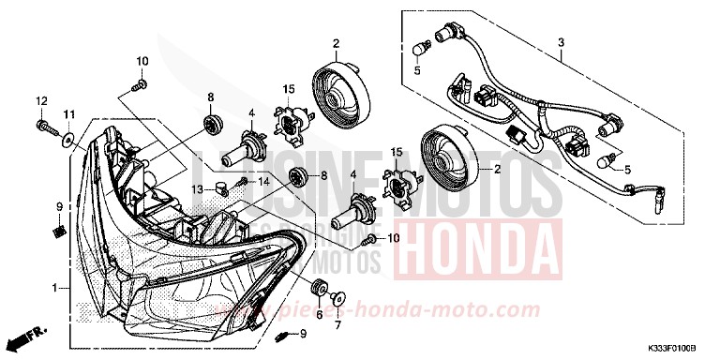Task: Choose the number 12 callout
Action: pyautogui.click(x=41, y=100)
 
